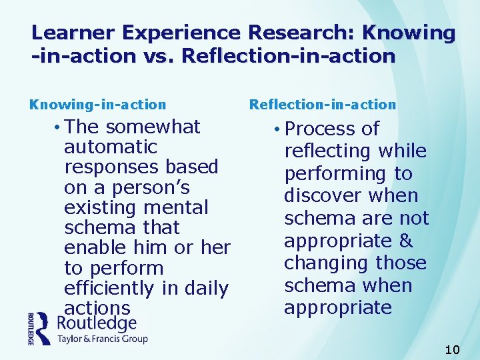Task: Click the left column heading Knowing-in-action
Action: click(97, 105)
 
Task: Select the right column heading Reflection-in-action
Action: click(323, 105)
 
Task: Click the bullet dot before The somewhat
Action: click(59, 127)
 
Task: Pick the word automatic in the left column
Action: click(111, 147)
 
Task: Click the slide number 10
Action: click(452, 349)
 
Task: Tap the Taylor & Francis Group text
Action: click(103, 339)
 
